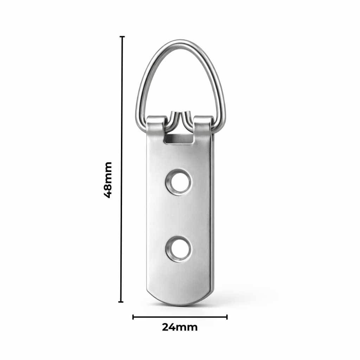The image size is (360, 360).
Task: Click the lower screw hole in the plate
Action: click(179, 249)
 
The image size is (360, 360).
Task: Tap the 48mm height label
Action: click(108, 180)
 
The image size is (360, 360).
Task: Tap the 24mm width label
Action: click(180, 327)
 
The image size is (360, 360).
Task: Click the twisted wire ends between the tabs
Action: click(180, 118)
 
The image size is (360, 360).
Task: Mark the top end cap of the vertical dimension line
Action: click(122, 37)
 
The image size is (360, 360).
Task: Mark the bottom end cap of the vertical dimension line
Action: click(121, 302)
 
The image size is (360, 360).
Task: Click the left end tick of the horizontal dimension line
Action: click(133, 317)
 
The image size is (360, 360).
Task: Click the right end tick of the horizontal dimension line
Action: click(227, 317)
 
